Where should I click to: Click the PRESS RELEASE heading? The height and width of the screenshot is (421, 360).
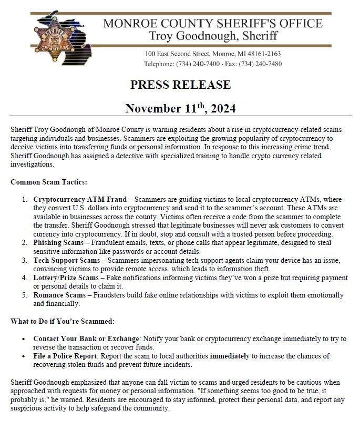pyautogui.click(x=180, y=85)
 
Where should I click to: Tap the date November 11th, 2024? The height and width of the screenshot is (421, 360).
pyautogui.click(x=180, y=108)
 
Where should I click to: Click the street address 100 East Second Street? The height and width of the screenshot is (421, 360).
pyautogui.click(x=177, y=54)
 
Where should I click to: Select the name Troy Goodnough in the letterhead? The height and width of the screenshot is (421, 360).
pyautogui.click(x=188, y=36)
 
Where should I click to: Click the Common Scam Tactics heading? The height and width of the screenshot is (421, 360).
pyautogui.click(x=49, y=182)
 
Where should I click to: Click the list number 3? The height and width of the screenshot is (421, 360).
pyautogui.click(x=24, y=260)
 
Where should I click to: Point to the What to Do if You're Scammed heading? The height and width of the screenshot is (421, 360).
pyautogui.click(x=63, y=321)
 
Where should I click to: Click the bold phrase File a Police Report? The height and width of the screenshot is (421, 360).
pyautogui.click(x=69, y=356)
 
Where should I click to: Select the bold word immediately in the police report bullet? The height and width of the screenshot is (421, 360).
pyautogui.click(x=230, y=356)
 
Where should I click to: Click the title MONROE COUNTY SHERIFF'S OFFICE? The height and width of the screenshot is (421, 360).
pyautogui.click(x=212, y=23)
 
